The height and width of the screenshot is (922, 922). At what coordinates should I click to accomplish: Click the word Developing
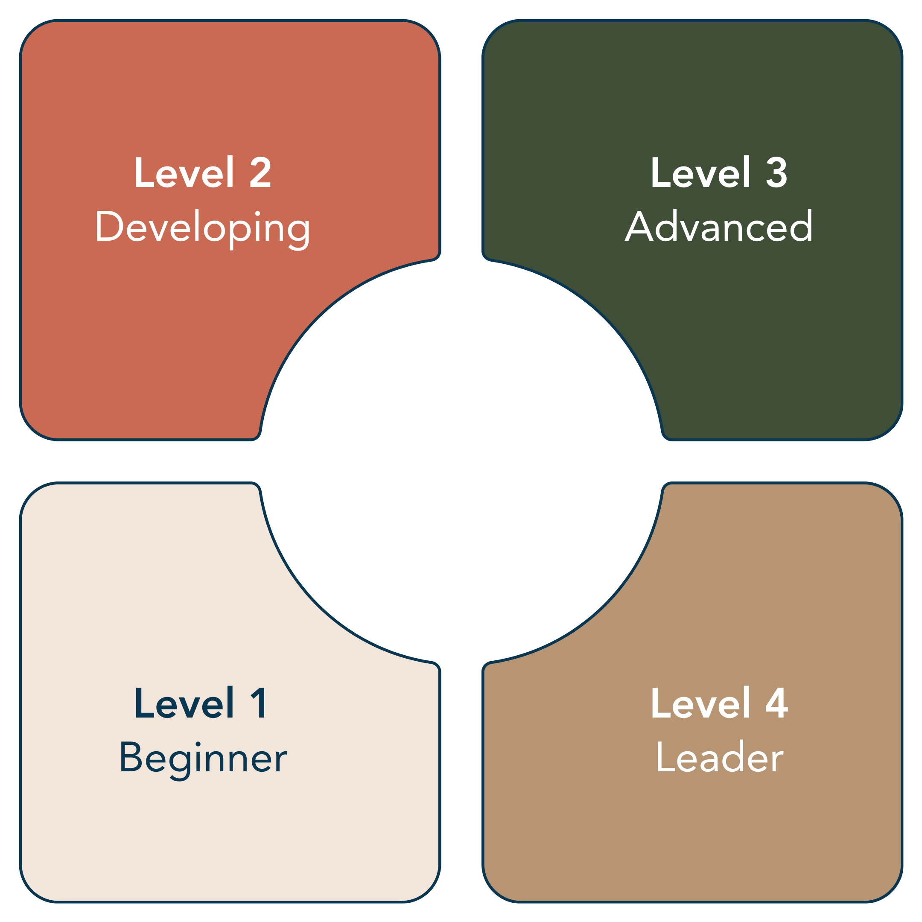(202, 228)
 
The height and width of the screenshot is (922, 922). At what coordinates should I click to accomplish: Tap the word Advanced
(719, 227)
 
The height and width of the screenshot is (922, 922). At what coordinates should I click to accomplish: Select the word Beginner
(203, 758)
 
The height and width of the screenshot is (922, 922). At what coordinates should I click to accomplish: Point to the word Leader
(720, 757)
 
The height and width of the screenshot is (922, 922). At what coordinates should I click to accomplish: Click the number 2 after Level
(260, 173)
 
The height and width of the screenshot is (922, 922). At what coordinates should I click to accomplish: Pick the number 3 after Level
(776, 173)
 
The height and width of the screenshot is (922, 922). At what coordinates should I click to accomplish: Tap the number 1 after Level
(259, 703)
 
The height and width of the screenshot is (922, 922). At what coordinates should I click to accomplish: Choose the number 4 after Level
(776, 703)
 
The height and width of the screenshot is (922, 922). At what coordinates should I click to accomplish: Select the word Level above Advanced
(700, 173)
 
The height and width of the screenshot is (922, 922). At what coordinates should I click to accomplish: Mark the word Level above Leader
(700, 703)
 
